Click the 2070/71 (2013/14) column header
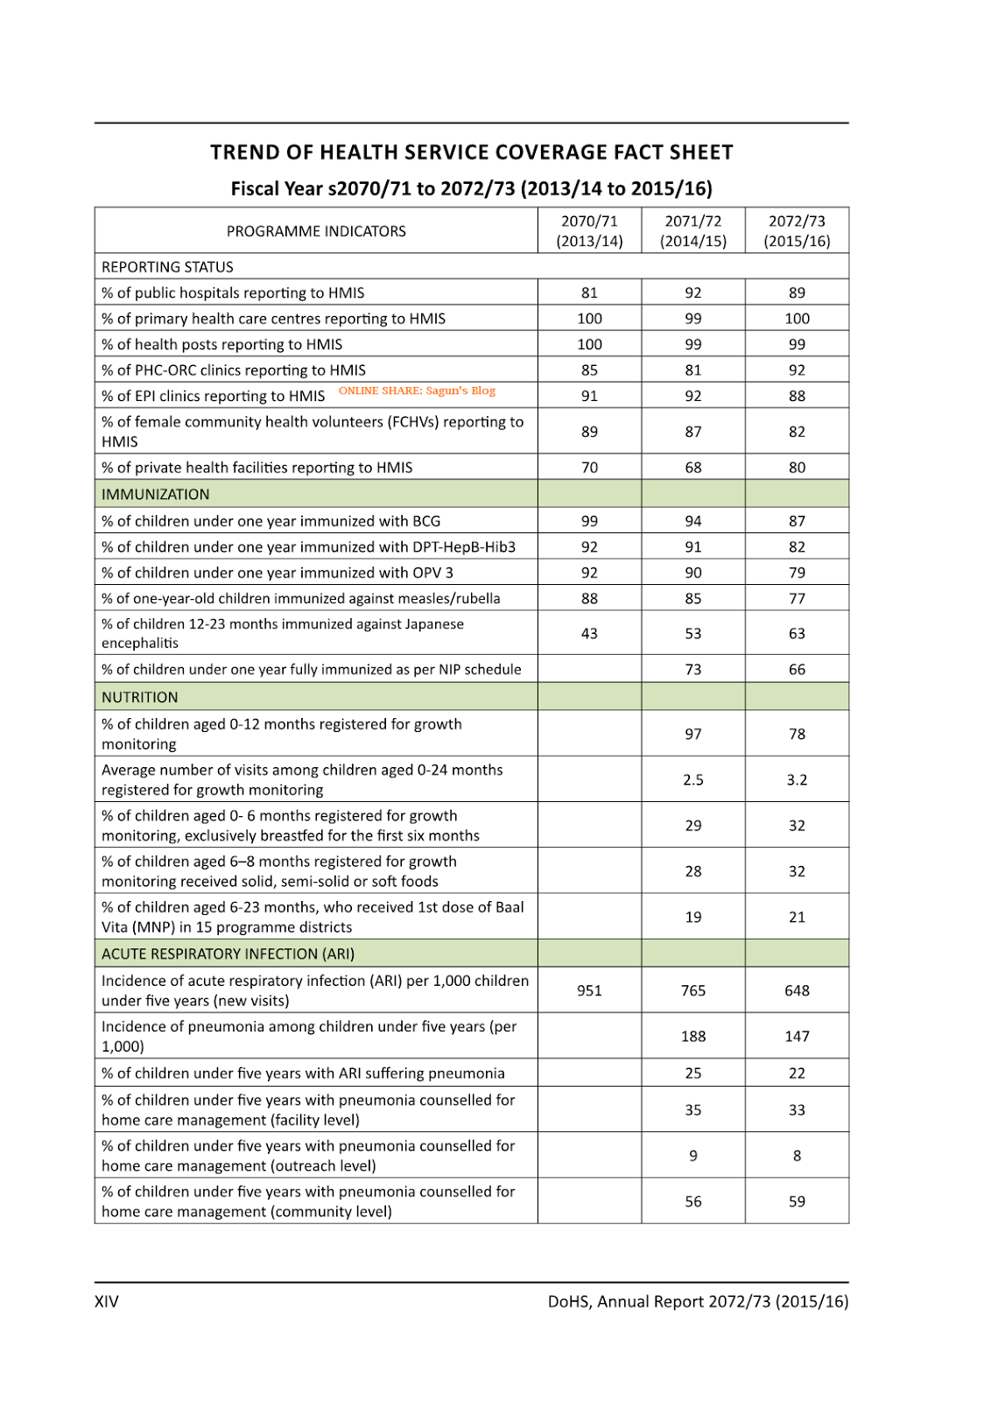(589, 231)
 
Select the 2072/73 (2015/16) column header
(797, 231)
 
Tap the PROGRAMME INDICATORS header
(316, 231)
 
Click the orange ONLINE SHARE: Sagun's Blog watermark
(417, 391)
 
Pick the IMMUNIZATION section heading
(156, 494)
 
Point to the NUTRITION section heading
(140, 697)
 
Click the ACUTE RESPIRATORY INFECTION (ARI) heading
(228, 954)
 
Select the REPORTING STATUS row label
(167, 267)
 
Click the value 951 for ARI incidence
(589, 990)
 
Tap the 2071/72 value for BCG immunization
(693, 521)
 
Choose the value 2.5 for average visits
(693, 779)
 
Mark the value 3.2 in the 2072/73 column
(797, 779)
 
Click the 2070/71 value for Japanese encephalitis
(589, 633)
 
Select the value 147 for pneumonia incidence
(797, 1036)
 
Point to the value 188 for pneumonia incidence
(693, 1036)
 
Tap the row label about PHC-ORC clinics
(234, 370)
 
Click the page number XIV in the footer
(107, 1301)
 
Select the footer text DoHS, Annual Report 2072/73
(698, 1301)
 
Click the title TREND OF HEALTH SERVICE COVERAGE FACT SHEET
(471, 152)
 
